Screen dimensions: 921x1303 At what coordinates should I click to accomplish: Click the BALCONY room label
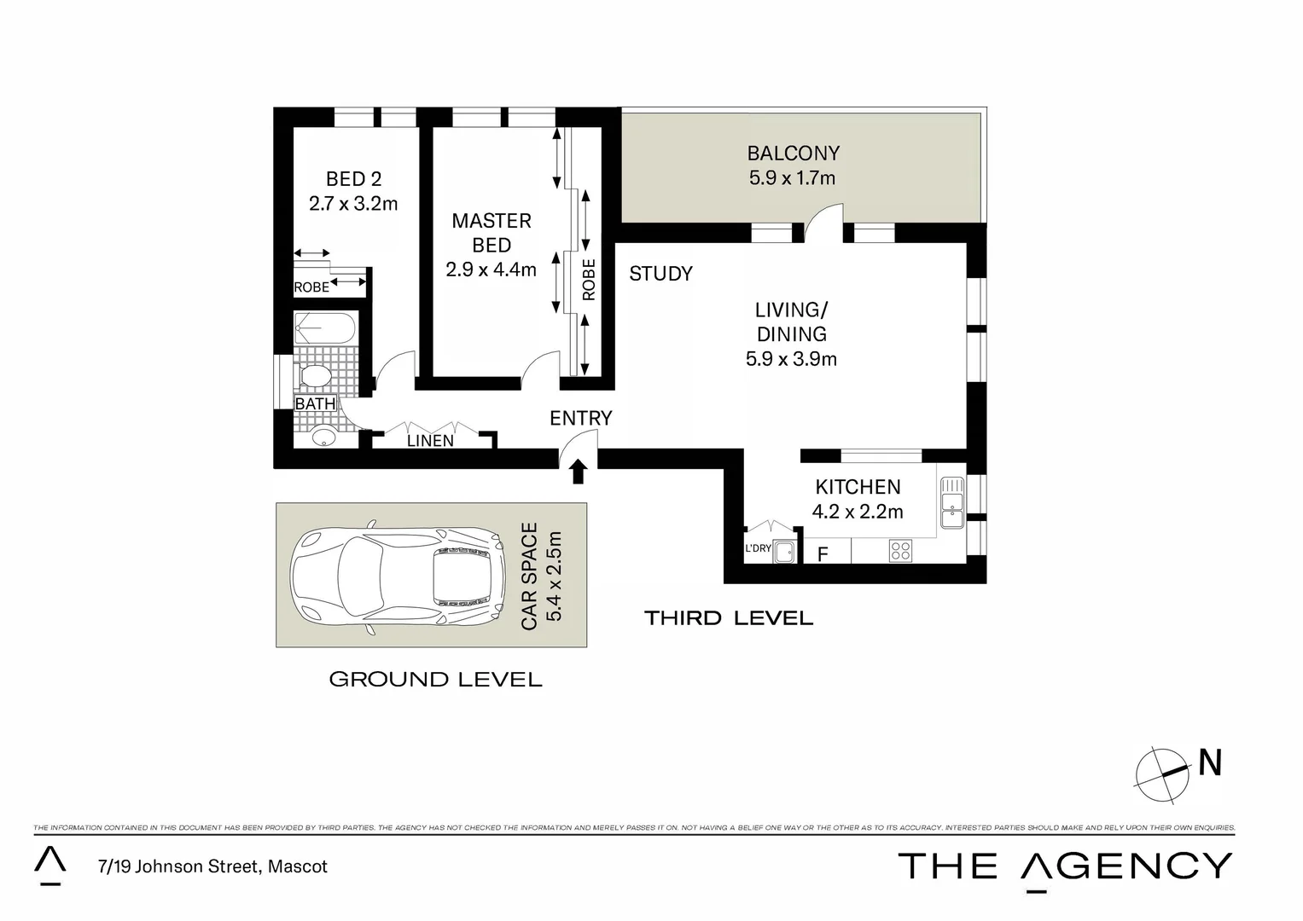(793, 153)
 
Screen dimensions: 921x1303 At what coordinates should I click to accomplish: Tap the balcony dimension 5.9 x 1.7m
(793, 178)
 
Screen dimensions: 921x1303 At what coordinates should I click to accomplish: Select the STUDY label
(660, 274)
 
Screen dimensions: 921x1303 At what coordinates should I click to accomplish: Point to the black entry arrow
(579, 471)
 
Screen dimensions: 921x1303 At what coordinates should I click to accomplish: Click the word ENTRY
(580, 419)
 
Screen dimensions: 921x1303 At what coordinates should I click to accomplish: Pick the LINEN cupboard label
(430, 441)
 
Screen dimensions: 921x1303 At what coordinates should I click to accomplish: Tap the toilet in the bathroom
(315, 376)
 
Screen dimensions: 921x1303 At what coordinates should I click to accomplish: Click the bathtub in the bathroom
(323, 328)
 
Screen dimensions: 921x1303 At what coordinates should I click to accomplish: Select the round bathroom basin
(323, 437)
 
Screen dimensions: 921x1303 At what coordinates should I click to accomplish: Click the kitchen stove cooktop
(900, 550)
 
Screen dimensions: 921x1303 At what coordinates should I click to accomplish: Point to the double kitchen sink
(951, 502)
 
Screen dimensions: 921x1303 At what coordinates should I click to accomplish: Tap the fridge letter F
(823, 554)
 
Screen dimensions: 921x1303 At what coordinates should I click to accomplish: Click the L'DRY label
(758, 548)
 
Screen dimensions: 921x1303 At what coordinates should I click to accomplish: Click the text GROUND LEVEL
(435, 680)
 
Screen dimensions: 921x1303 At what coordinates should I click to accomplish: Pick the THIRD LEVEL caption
(729, 618)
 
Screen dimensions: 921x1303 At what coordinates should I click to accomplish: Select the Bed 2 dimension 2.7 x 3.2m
(353, 204)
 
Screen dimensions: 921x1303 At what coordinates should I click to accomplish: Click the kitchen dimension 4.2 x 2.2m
(858, 512)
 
